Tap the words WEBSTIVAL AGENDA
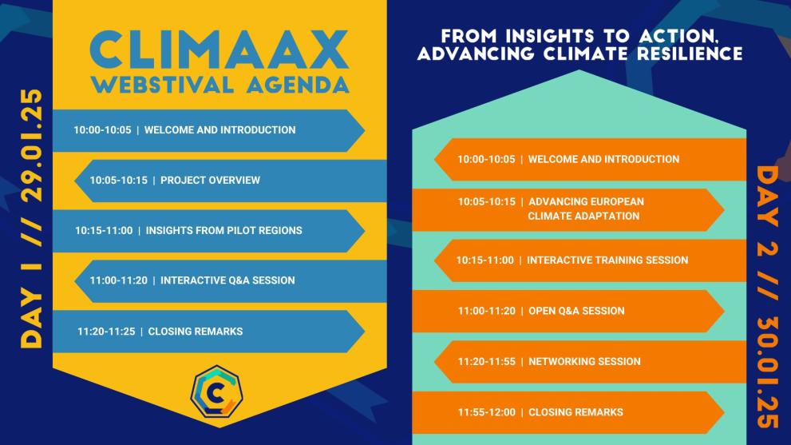220,84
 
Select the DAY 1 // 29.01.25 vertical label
31,219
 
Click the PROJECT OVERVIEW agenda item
210,181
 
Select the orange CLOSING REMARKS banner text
575,412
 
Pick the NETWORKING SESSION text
584,362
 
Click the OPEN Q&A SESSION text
576,311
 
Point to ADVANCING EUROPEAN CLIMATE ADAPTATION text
585,209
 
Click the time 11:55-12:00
486,412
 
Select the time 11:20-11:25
106,331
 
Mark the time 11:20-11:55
486,362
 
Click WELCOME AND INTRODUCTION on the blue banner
220,130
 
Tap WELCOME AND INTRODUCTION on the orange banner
603,160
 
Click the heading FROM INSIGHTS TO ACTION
591,37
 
